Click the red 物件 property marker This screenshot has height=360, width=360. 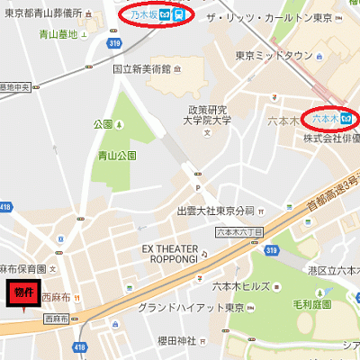coord(22,292)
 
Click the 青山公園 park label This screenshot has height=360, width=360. coord(118,155)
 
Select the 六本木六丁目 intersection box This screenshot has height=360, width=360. coord(239,231)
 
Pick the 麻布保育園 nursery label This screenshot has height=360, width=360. coord(21,268)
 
